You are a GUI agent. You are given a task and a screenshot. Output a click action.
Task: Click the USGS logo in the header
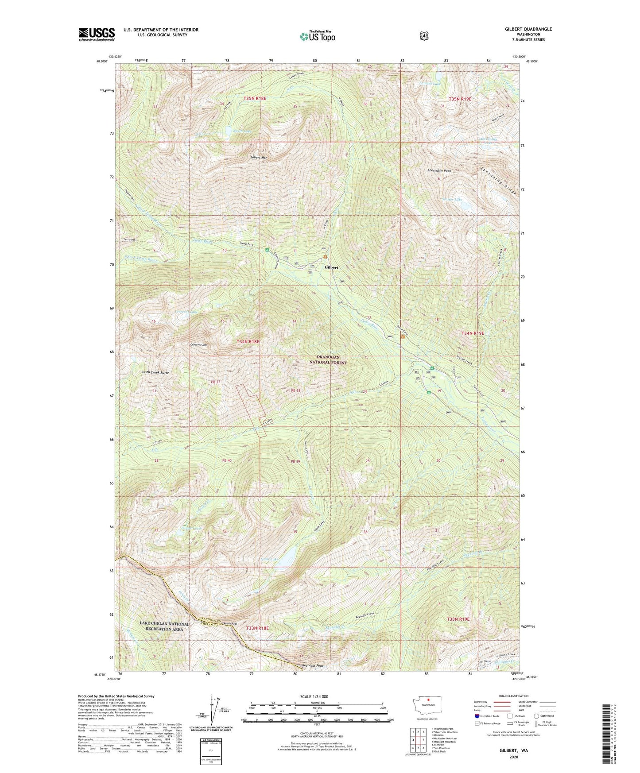[97, 34]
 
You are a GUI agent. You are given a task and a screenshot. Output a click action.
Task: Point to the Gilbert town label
[331, 267]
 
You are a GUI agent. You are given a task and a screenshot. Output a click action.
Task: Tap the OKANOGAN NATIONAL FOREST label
[328, 359]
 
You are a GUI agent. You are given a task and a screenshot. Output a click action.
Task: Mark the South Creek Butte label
[155, 372]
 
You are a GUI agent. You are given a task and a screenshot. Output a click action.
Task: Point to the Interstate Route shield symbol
[477, 715]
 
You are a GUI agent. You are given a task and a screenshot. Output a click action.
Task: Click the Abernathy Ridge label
[499, 181]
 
